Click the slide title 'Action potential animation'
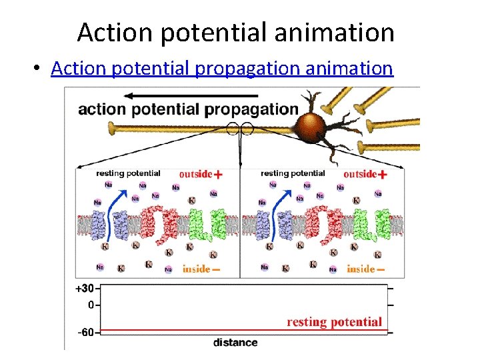(x=235, y=31)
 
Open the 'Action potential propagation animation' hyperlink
(x=222, y=68)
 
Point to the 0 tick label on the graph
(x=91, y=305)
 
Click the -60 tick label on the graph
(x=87, y=331)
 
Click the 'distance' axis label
(x=235, y=343)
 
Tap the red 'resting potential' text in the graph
(x=335, y=322)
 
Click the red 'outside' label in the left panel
(x=195, y=173)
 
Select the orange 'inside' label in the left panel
(x=196, y=269)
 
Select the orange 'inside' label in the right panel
(x=361, y=269)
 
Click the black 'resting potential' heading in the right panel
(x=292, y=173)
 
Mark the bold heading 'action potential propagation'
(x=188, y=109)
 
